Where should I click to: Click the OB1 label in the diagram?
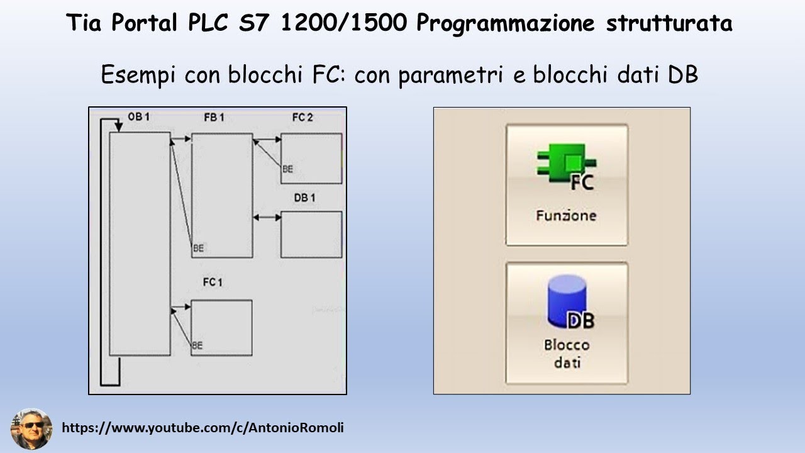point(138,117)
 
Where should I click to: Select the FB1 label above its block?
point(214,117)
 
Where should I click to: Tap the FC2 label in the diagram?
point(303,117)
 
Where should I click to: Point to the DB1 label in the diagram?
point(304,198)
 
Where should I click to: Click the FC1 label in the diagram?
point(213,282)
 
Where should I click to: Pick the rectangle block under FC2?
point(311,158)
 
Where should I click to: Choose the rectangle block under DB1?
point(311,234)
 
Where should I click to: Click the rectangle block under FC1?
point(221,327)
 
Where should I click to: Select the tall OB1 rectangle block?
point(140,244)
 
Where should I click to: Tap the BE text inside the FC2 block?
point(287,169)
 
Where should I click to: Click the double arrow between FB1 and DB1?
point(267,217)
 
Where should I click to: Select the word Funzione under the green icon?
point(566,215)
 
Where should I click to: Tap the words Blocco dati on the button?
point(567,354)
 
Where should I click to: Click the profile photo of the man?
point(31,429)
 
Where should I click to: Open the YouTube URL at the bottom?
point(203,428)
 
